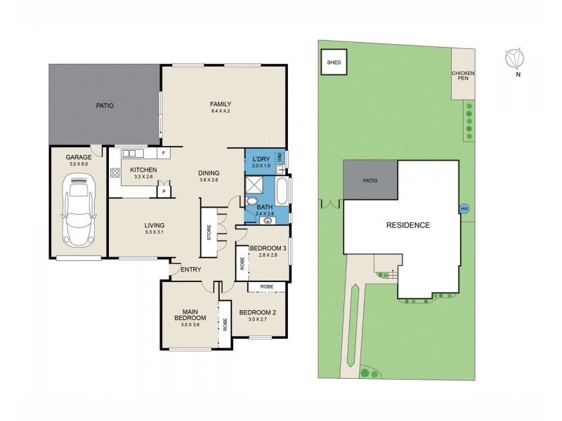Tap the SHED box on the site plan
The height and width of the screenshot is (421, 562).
coord(333,62)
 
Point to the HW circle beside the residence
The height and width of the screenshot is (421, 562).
coord(463,208)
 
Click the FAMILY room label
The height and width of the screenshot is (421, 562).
coord(221,105)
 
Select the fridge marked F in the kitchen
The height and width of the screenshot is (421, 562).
coord(162,153)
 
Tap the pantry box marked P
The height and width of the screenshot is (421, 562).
coord(164,190)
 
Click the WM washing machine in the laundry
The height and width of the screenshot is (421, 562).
coord(280,159)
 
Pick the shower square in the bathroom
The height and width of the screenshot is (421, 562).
coord(253,185)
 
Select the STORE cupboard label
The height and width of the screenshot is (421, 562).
coord(209,232)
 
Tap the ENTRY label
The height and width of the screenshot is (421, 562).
coord(191,269)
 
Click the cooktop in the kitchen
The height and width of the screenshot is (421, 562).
coord(114,173)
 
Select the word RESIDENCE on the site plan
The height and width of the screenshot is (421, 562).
coord(407,225)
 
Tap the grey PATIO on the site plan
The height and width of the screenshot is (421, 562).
coord(370,180)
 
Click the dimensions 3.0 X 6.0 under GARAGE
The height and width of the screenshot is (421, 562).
coord(79,164)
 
